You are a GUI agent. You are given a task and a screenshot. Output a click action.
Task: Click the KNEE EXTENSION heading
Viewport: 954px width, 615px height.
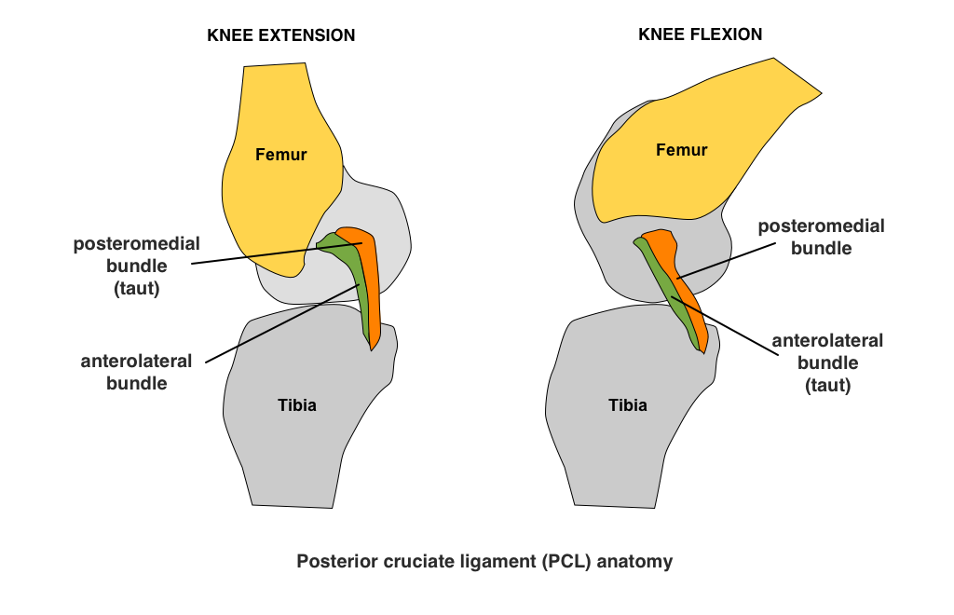coord(280,36)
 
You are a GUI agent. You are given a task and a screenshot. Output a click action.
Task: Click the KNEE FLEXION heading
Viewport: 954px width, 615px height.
coord(700,34)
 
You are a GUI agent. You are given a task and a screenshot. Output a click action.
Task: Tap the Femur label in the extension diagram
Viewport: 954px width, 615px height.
coord(280,155)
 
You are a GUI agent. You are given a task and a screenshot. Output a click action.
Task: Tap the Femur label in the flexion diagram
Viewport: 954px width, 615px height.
coord(681,150)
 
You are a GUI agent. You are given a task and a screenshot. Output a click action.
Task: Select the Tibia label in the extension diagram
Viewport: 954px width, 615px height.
coord(296,405)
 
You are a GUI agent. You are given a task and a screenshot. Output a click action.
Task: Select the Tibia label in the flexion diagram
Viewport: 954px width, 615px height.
coord(627,405)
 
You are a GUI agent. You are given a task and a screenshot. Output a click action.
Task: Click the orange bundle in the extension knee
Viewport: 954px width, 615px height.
coord(373,289)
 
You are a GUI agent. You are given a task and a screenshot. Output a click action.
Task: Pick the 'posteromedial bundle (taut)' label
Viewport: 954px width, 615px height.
coord(137,266)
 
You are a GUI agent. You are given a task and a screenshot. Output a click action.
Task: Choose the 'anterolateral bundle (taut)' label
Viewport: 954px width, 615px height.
coord(827,362)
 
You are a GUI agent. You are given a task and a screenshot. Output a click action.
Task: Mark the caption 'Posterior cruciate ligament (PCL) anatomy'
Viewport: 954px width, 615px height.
coord(484,562)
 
